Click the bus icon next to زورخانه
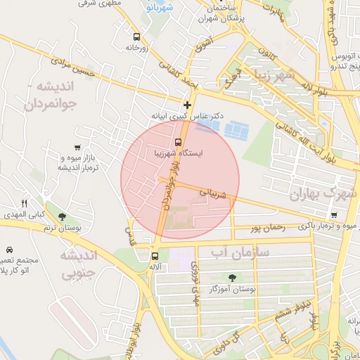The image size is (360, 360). coord(136,37)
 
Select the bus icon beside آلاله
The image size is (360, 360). coord(155,256)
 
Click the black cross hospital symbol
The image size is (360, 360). coord(187,105)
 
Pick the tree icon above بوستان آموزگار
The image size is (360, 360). coord(233,277)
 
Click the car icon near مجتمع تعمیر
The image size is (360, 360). coord(9,250)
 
